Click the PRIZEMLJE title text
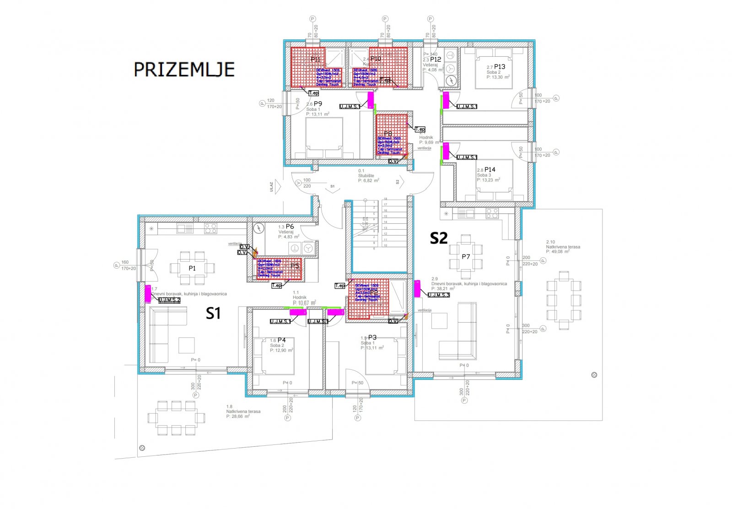click(x=184, y=70)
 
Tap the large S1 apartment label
click(x=213, y=314)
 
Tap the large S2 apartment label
click(x=438, y=238)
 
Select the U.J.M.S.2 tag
click(x=169, y=300)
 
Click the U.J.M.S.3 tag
click(x=439, y=295)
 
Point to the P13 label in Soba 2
click(x=500, y=67)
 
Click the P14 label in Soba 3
click(x=490, y=169)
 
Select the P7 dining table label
click(x=466, y=257)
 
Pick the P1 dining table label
click(x=192, y=268)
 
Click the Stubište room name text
click(x=366, y=176)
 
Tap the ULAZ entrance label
click(x=271, y=187)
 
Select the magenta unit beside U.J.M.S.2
click(x=148, y=293)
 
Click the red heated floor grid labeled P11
click(x=307, y=67)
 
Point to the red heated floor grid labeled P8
click(x=391, y=135)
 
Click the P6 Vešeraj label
click(x=290, y=227)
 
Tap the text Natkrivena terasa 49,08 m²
click(x=563, y=247)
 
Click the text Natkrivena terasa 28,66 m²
click(x=243, y=412)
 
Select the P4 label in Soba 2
click(x=281, y=340)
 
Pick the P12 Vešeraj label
click(x=435, y=60)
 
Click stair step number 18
click(x=385, y=199)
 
